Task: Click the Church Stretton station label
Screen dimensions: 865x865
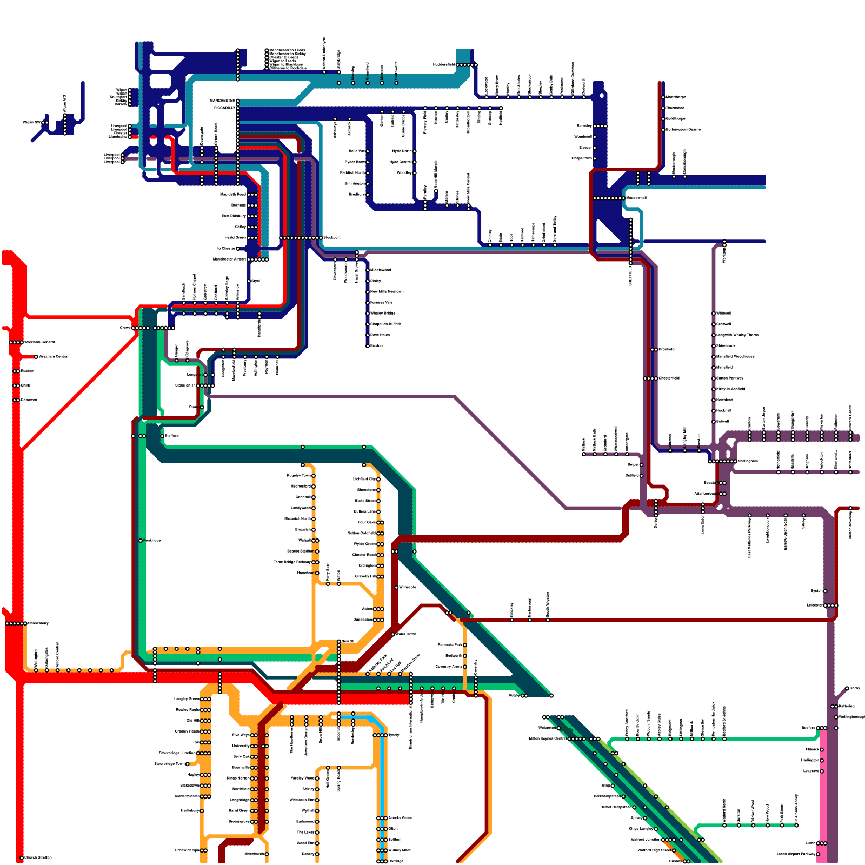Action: pos(38,857)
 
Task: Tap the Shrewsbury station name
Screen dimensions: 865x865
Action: pos(38,623)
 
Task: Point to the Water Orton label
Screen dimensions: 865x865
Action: pos(406,634)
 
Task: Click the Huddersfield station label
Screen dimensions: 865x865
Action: pos(444,65)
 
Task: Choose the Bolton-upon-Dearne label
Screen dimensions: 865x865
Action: pos(683,129)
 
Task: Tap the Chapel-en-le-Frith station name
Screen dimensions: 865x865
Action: pos(385,324)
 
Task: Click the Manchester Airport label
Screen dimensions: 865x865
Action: pos(229,259)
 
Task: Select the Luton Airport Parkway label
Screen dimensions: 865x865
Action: pos(796,854)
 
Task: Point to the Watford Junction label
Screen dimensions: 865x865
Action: pos(646,840)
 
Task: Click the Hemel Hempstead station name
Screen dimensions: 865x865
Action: pos(615,807)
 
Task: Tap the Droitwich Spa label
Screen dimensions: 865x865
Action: pos(187,850)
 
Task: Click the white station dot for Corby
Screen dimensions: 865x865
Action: pos(847,688)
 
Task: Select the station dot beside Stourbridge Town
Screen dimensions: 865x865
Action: pos(188,764)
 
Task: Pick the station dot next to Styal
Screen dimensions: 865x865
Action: pos(249,281)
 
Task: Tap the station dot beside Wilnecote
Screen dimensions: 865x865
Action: pos(396,587)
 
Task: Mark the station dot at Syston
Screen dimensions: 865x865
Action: pos(825,591)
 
